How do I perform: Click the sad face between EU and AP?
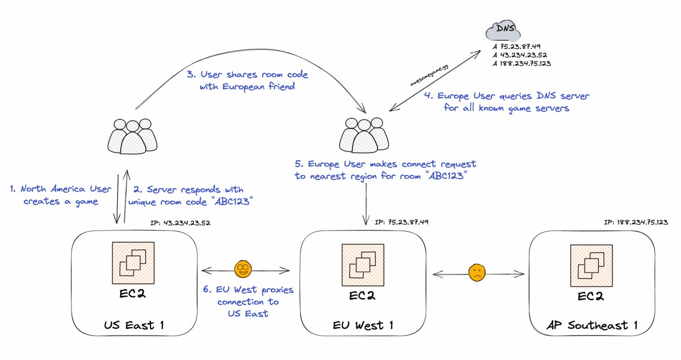[x=477, y=273]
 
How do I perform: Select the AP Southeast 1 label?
[x=591, y=325]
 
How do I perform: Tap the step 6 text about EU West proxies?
[x=248, y=302]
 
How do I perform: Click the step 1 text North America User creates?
[x=60, y=195]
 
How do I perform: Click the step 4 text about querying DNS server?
[x=507, y=102]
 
